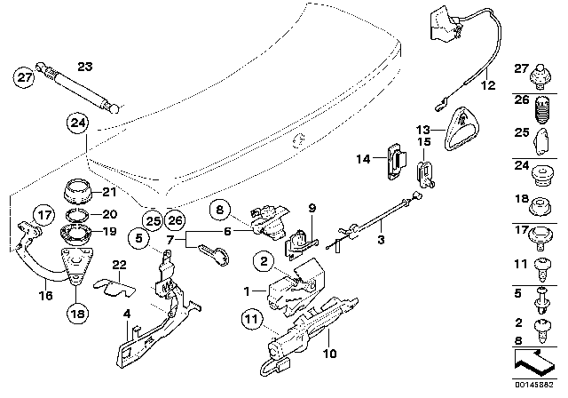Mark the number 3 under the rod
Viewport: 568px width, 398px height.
[x=381, y=239]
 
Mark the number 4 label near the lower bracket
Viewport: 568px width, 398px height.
[x=127, y=312]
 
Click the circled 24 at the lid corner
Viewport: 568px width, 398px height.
[x=78, y=123]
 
